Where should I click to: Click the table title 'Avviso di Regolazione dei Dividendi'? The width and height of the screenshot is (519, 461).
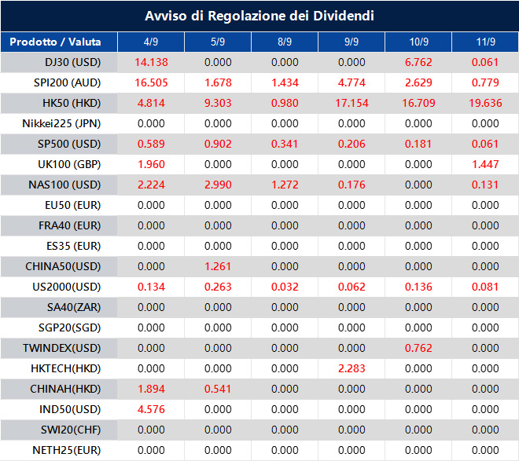click(259, 16)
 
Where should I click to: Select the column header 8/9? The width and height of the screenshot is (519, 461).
click(285, 42)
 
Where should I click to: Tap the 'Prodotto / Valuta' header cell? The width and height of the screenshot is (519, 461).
click(58, 42)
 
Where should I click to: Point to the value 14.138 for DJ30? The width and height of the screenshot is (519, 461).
click(151, 62)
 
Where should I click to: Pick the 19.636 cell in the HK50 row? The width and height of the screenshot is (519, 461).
click(484, 103)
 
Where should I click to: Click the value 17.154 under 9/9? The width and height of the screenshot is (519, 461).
click(352, 103)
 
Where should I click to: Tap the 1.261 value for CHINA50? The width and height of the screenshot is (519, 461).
click(218, 266)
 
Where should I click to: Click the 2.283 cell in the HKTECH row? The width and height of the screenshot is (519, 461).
click(352, 368)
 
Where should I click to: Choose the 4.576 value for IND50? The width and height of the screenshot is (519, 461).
click(151, 409)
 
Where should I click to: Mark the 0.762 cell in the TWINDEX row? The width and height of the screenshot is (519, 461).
click(418, 348)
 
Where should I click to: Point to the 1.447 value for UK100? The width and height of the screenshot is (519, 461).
click(484, 164)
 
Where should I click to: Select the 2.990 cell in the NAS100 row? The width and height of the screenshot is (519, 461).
click(218, 185)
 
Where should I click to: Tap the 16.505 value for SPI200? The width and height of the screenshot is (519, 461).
click(151, 82)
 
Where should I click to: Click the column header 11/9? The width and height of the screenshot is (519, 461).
click(484, 42)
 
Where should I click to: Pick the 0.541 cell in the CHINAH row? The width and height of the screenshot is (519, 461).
click(218, 389)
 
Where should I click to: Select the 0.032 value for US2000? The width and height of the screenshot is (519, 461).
click(285, 287)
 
